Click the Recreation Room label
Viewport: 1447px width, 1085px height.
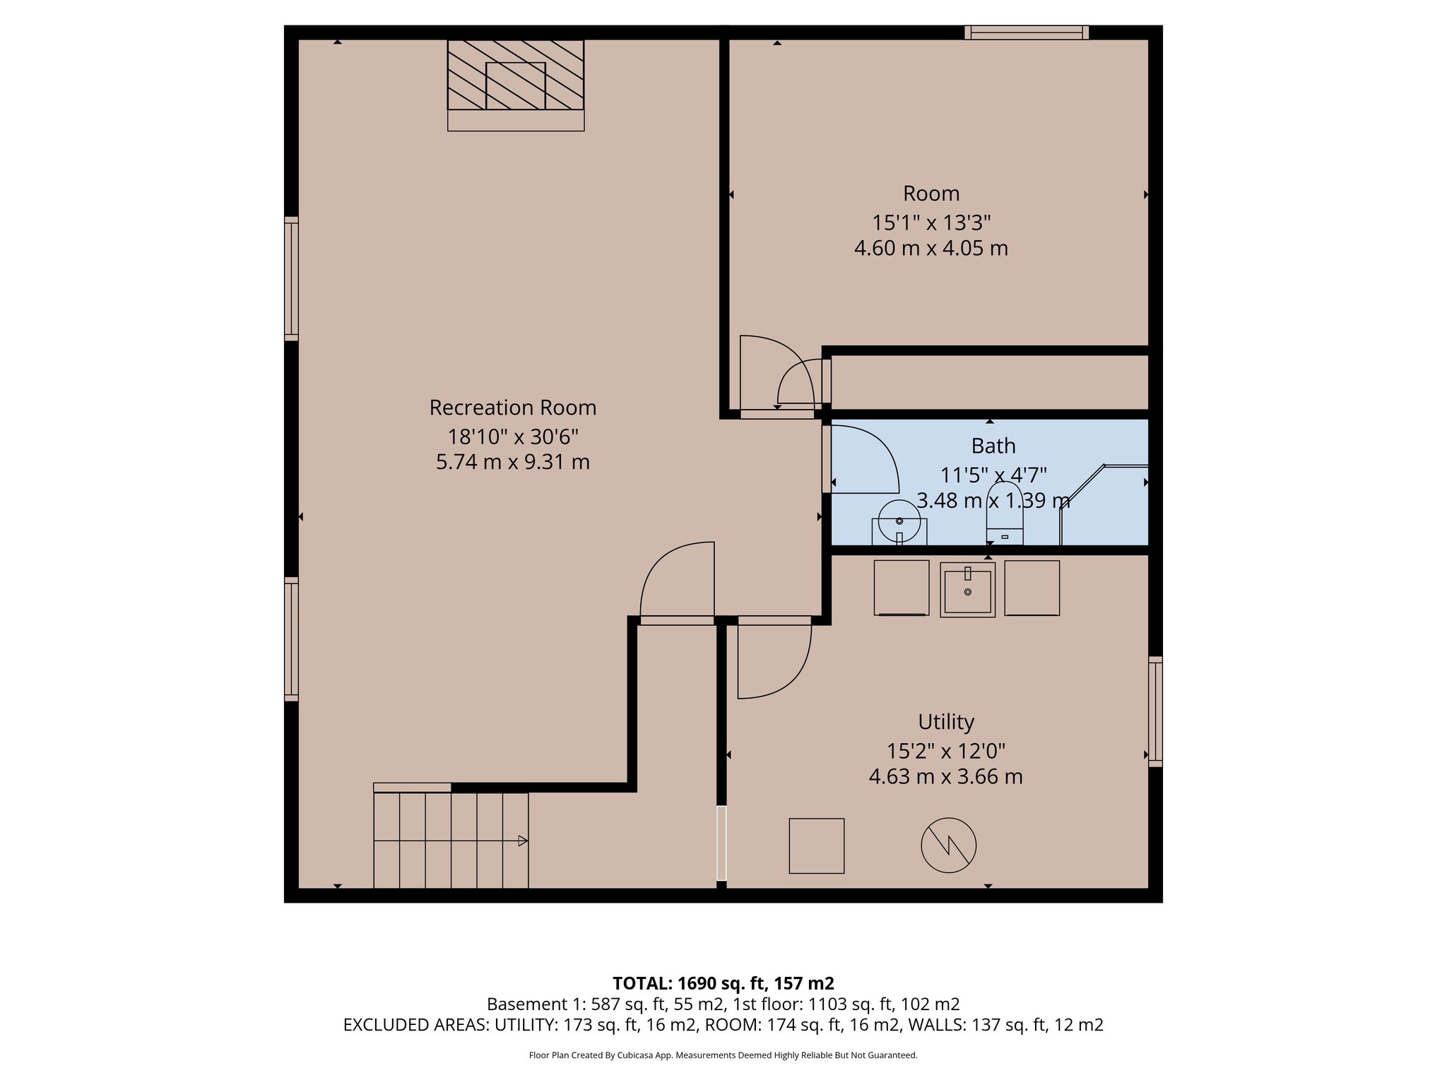tap(512, 408)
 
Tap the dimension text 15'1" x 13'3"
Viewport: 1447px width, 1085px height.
tap(931, 223)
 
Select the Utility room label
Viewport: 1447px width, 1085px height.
tap(945, 722)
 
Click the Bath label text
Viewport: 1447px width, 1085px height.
tap(993, 446)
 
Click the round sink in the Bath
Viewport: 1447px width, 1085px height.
tap(899, 521)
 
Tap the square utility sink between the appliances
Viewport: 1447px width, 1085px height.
tap(967, 590)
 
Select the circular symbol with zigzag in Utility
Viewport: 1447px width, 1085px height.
tap(948, 845)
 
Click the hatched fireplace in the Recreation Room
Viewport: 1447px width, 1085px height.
tap(516, 75)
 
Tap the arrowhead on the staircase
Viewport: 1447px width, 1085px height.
tap(523, 841)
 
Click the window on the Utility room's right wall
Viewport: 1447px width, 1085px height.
tap(1155, 711)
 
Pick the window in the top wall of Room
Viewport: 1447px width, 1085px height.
tap(1026, 32)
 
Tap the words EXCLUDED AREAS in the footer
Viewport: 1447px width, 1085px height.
tap(415, 1025)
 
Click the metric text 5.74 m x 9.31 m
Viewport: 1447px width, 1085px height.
tap(512, 462)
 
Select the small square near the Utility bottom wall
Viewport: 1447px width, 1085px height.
tap(816, 846)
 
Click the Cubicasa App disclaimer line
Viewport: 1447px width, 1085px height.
tap(723, 1055)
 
